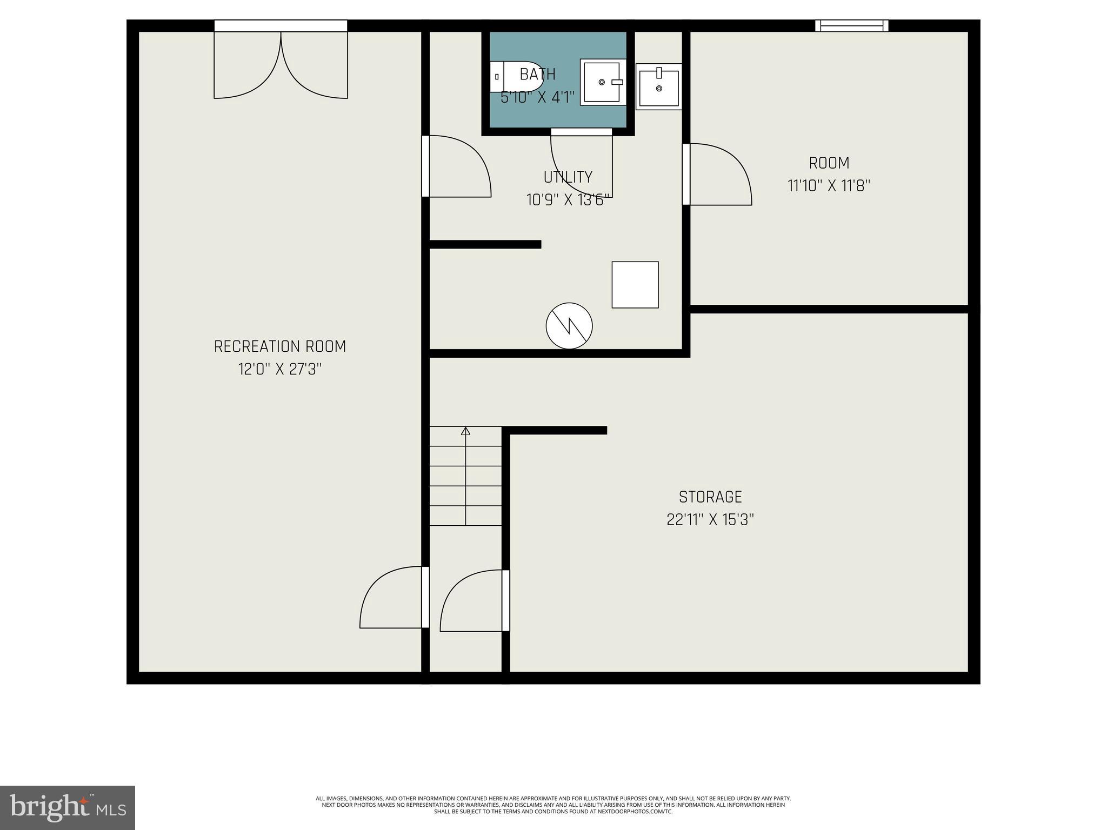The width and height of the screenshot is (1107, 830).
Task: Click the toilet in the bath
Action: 516,77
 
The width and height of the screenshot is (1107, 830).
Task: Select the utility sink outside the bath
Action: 658,87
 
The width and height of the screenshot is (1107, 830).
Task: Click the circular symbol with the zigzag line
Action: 569,326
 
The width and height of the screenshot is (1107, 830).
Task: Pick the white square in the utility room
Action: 635,285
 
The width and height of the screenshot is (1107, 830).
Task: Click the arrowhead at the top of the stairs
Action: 465,431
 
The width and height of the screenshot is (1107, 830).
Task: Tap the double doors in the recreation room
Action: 281,65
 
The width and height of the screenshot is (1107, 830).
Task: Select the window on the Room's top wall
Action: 852,25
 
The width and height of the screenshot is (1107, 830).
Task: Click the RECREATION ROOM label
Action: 280,346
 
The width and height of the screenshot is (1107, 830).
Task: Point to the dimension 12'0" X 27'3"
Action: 280,370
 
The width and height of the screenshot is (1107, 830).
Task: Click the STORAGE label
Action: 710,497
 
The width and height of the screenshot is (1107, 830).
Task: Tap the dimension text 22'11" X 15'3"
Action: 710,520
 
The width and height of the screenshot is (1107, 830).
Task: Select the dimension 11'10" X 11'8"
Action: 829,186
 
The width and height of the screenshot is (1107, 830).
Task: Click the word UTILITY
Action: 568,177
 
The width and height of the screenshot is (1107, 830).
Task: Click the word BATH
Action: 537,74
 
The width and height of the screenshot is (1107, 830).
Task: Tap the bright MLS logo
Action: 68,807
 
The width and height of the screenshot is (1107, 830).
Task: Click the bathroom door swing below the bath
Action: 582,162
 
